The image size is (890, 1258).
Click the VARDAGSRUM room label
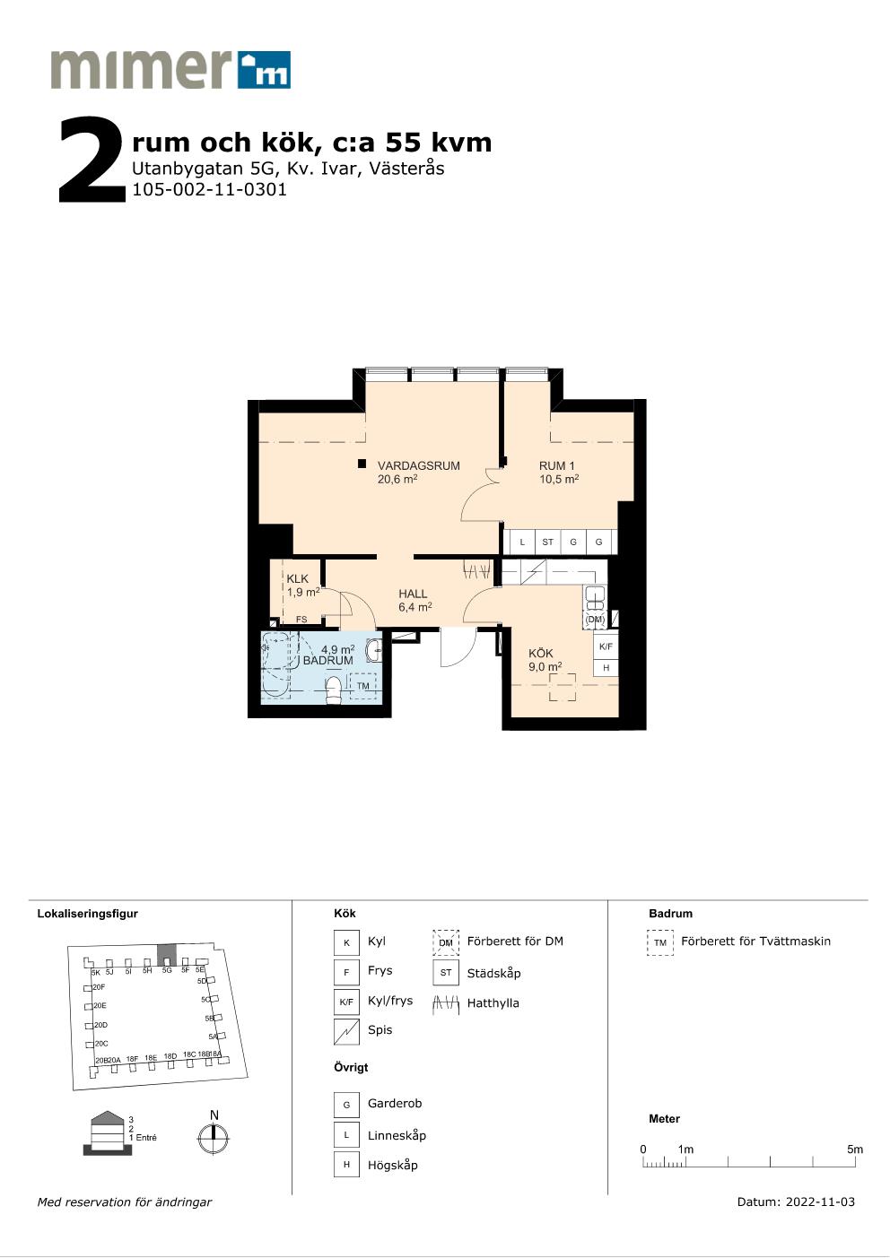coord(419,465)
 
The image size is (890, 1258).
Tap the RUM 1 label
coord(557,465)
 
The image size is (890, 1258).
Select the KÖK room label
coord(540,653)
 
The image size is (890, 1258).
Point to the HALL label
coord(413,594)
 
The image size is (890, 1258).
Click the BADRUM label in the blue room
coord(328,661)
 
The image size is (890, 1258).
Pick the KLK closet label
coord(297,578)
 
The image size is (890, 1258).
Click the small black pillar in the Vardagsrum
coord(362,464)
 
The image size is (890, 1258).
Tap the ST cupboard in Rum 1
coord(548,542)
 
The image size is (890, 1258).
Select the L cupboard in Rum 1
coord(522,542)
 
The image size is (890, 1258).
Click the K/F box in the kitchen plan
coord(606,646)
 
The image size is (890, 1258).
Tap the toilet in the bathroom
coord(334,690)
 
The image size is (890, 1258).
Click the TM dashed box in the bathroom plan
coord(363,686)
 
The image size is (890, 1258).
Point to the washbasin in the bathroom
coord(374,650)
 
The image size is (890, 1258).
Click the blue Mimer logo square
coord(264,70)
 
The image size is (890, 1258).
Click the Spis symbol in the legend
coord(346,1032)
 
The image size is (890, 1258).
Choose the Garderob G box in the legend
coord(346,1105)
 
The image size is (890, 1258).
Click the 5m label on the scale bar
coord(855,1149)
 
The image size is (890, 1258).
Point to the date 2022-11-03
coord(820,1202)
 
